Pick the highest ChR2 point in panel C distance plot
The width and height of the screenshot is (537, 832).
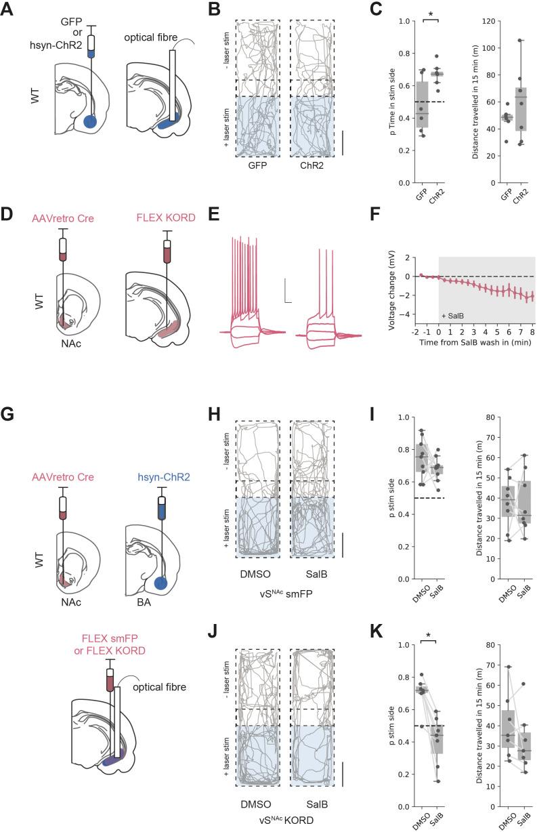pos(521,41)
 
